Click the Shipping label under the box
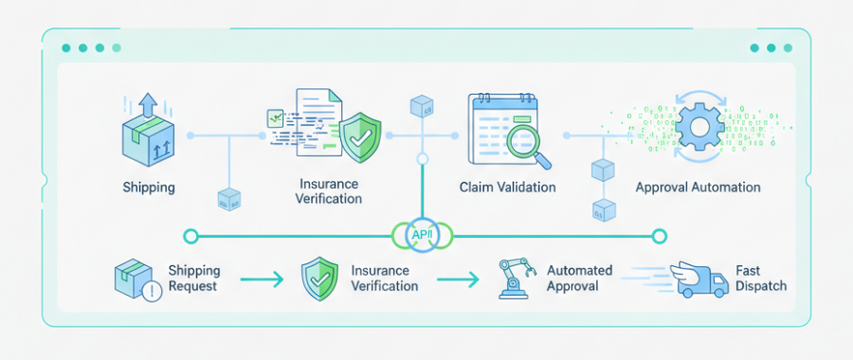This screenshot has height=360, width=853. [149, 188]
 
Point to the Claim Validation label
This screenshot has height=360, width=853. [507, 188]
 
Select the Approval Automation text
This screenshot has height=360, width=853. [698, 188]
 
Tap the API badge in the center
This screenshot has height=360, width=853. [420, 235]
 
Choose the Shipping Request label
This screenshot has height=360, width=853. [194, 278]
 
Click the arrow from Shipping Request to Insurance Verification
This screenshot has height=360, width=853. [261, 279]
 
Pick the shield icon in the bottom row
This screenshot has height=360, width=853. [318, 279]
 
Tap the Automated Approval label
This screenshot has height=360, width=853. [580, 278]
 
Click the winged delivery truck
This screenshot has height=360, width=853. [697, 278]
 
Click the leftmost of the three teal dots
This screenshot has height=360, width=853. [65, 47]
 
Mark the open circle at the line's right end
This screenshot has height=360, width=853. [661, 235]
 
